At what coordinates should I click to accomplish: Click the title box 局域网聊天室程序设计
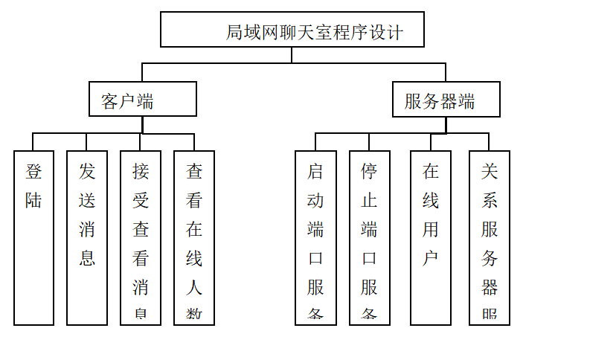coord(292,30)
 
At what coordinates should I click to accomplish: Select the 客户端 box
coord(142,99)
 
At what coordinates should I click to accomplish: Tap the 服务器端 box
coord(446,100)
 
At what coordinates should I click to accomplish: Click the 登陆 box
coord(33,238)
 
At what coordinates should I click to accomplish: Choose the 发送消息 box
coord(87,238)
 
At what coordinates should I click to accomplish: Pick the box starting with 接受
coord(141,238)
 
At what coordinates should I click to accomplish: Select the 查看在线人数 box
coord(194,238)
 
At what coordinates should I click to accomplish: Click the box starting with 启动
coord(315,238)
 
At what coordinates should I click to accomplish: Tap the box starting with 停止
coord(370,238)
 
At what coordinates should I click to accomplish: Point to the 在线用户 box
coord(431,238)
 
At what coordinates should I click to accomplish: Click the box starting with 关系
coord(490,238)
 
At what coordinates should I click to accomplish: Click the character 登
coord(33,172)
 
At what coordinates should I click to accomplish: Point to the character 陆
coord(33,201)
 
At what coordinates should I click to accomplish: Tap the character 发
coord(87,172)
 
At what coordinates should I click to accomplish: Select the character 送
coord(87,201)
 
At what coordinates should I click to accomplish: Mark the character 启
coord(315,172)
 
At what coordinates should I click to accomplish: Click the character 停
coord(370,172)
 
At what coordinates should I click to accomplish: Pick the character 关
coord(490,172)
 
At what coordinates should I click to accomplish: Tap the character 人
coord(194,287)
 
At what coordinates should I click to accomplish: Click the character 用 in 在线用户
coord(431,230)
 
